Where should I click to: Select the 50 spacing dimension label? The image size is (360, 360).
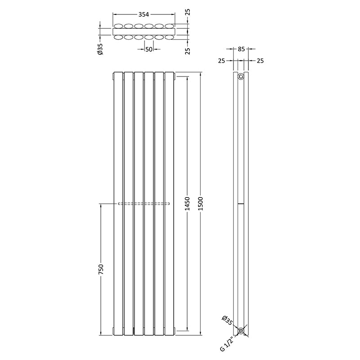click(148, 49)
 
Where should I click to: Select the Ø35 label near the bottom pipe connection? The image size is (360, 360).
click(228, 321)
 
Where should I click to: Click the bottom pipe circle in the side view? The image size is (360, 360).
click(241, 331)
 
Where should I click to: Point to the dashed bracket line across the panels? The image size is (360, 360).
click(144, 204)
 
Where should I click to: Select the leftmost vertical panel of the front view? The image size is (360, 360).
click(118, 202)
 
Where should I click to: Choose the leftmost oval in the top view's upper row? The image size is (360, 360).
click(118, 26)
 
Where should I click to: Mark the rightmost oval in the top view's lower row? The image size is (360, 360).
click(169, 37)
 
